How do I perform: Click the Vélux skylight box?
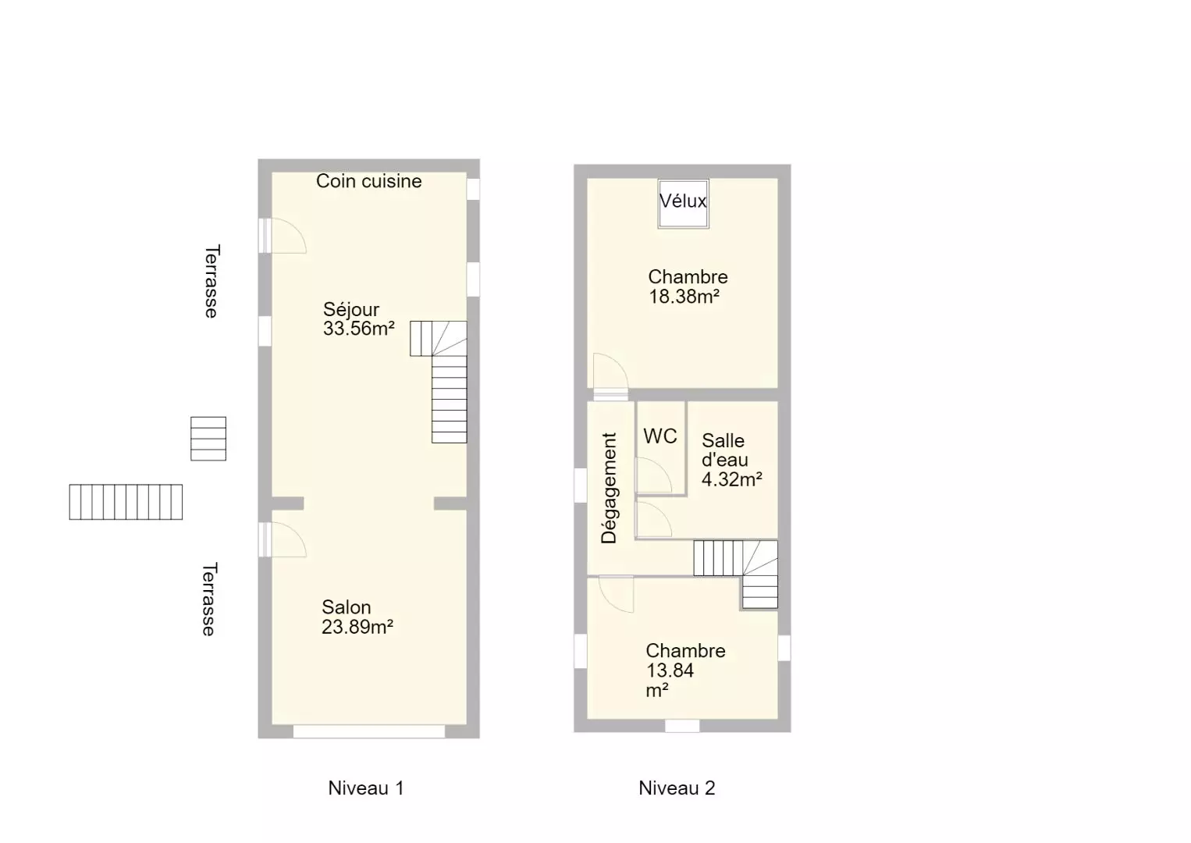[x=683, y=204]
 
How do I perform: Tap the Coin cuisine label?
[x=369, y=181]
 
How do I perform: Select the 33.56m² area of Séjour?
[x=359, y=329]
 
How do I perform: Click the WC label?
[x=660, y=436]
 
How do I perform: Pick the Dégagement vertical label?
[x=609, y=489]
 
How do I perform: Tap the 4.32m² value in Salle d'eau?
[x=732, y=480]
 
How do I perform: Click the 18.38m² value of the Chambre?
[x=684, y=297]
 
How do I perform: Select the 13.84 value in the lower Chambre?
[x=670, y=670]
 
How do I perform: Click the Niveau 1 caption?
[x=366, y=788]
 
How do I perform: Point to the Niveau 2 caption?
[x=677, y=788]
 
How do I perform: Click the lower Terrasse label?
[x=209, y=599]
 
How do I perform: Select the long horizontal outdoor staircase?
[x=126, y=502]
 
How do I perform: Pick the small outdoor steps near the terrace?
[x=208, y=439]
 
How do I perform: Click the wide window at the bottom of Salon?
[x=369, y=731]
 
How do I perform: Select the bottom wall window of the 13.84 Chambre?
[x=682, y=726]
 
